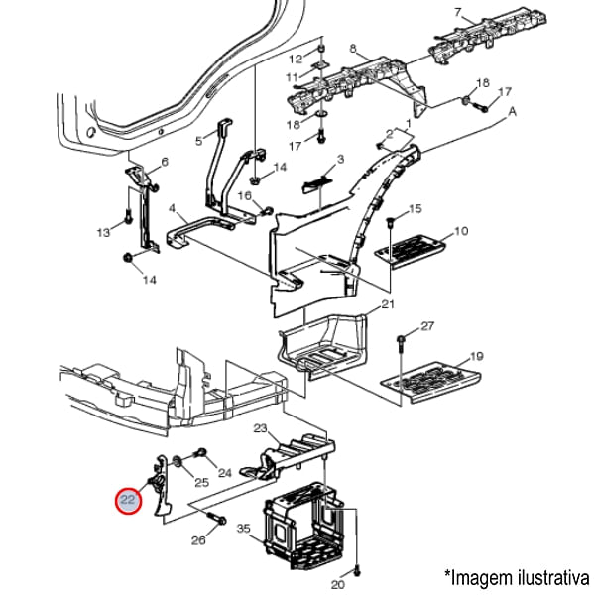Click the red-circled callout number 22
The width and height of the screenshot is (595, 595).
[128, 501]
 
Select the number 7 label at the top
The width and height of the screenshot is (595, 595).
[458, 12]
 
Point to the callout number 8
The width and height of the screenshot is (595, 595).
[354, 48]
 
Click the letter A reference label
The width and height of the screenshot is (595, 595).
[513, 113]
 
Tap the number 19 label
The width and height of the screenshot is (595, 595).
[476, 356]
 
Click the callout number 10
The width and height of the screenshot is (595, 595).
[460, 232]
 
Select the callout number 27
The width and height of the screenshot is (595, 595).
[427, 326]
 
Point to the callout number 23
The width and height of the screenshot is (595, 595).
[261, 429]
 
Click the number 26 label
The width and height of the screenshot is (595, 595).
[197, 540]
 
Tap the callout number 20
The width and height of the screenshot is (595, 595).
[337, 585]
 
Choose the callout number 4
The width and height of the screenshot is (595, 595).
[173, 209]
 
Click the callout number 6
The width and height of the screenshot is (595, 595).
[165, 162]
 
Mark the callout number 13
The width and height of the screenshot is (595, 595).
[103, 232]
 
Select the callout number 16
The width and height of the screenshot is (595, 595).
[244, 196]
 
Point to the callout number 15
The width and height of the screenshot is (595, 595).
[416, 208]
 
